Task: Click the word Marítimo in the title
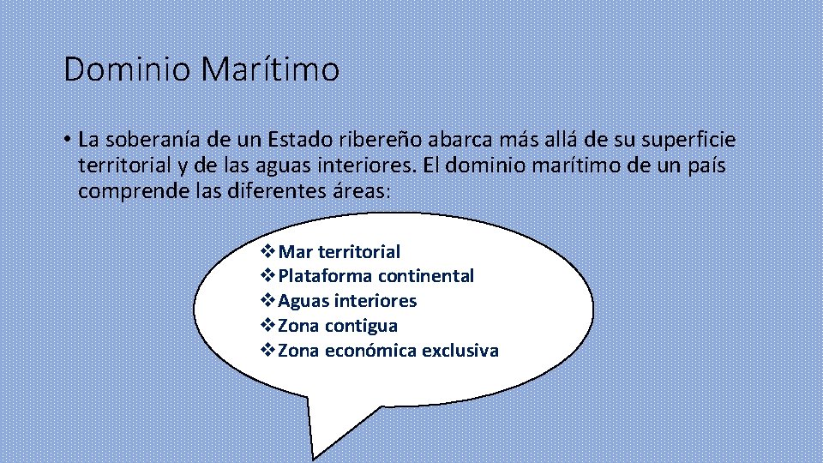point(270,69)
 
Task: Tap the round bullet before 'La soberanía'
point(67,140)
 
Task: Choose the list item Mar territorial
point(339,252)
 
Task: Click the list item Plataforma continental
point(376,276)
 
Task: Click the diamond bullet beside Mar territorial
point(267,252)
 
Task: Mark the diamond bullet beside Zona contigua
point(267,326)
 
